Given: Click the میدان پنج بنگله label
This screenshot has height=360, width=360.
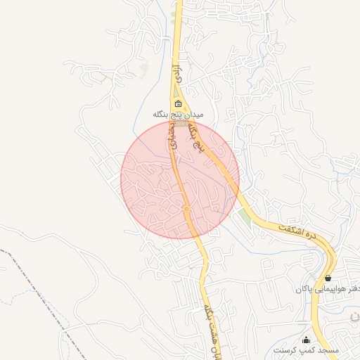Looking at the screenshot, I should pos(179,114).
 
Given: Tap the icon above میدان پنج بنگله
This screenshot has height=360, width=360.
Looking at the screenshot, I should pos(179,104).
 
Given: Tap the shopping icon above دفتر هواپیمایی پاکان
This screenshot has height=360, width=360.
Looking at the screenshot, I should pos(328,278).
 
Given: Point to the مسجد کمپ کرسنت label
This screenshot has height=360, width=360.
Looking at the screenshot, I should pos(307,349).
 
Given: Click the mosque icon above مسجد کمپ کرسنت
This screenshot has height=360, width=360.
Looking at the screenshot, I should pos(306,340).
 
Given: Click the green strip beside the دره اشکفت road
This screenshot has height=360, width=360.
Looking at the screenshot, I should pos(244,214).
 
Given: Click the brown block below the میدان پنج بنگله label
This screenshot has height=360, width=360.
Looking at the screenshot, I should pos(181,123).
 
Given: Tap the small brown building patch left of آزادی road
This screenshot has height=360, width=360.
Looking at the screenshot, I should pos(145,67).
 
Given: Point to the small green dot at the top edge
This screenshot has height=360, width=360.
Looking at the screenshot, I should pos(173,13).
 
